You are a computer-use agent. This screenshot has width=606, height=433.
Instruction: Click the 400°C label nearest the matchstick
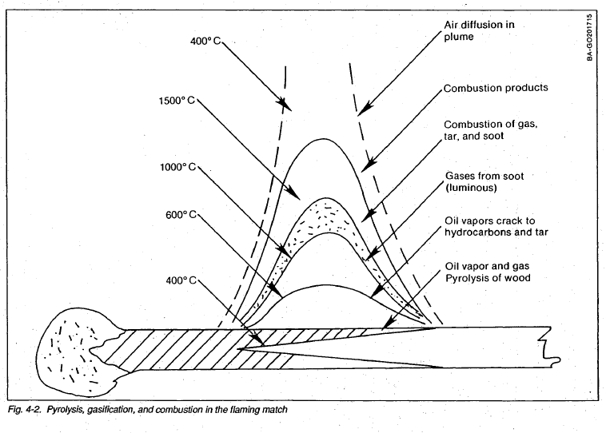[x=179, y=281]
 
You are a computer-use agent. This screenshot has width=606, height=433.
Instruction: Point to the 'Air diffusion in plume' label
[x=480, y=31]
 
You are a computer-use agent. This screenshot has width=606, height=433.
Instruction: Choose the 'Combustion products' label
[x=496, y=87]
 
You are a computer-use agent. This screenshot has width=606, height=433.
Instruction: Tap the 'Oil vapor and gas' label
[x=488, y=266]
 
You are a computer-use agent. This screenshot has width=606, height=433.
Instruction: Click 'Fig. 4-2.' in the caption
[x=22, y=409]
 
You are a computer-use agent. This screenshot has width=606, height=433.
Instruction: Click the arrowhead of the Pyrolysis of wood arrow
[x=384, y=328]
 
